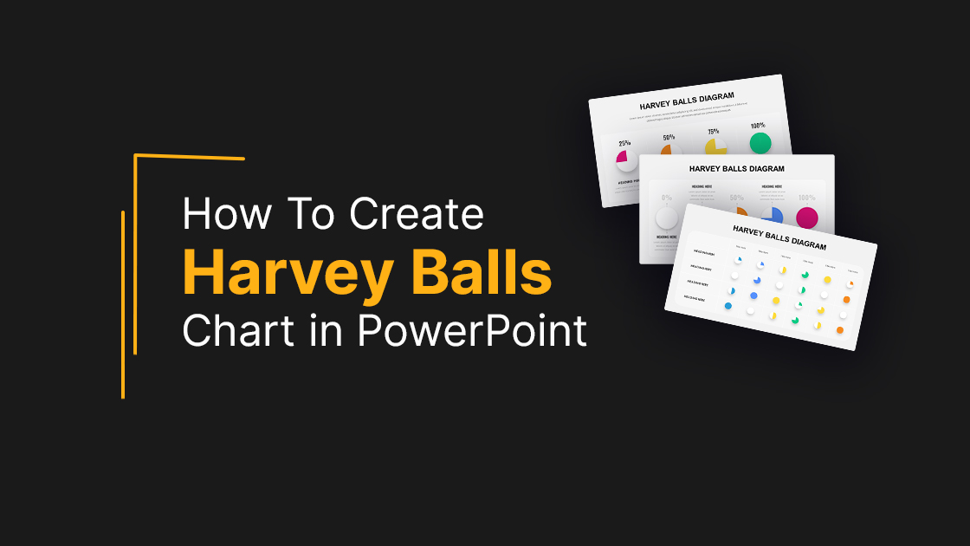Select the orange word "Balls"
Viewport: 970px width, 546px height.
click(481, 273)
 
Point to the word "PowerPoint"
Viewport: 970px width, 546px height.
click(471, 331)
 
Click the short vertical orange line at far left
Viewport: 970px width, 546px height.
click(123, 303)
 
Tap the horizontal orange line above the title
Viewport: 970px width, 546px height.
click(191, 157)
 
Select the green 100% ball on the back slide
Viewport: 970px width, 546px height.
click(760, 143)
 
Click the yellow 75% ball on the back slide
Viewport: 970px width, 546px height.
click(715, 148)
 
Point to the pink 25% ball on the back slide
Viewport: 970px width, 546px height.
click(626, 159)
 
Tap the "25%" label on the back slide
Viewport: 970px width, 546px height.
click(624, 143)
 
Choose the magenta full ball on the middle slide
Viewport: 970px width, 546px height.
click(807, 217)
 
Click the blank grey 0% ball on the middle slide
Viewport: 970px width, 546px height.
click(667, 218)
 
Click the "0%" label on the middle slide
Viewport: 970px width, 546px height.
click(667, 198)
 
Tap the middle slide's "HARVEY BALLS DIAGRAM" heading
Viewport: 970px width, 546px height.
click(737, 169)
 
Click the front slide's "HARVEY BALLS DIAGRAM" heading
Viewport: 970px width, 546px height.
click(779, 237)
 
